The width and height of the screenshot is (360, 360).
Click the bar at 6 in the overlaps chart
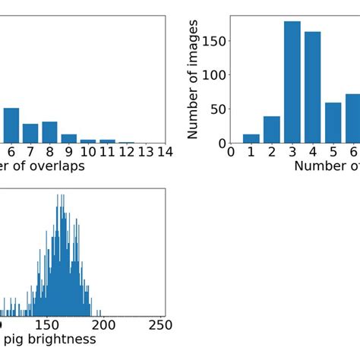11,125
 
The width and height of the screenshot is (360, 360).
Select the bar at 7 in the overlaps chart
30,134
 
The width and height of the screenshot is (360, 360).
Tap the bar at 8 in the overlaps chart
49,132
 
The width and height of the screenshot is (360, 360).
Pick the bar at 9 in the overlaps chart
69,138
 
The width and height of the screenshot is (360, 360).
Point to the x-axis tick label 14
165,151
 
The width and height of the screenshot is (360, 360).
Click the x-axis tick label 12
127,151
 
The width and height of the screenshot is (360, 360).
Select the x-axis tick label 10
88,151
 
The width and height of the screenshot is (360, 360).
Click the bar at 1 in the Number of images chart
251,139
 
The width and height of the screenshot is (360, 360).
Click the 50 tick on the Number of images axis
216,109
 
